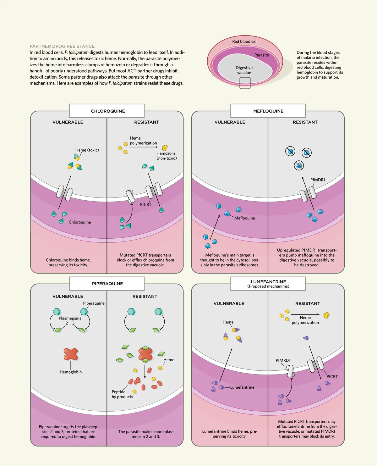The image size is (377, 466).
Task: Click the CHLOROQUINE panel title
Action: pyautogui.click(x=108, y=111)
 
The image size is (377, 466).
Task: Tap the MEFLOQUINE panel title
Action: pyautogui.click(x=268, y=111)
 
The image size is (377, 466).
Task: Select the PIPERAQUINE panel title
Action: pyautogui.click(x=107, y=284)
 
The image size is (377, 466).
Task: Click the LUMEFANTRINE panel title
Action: pyautogui.click(x=268, y=282)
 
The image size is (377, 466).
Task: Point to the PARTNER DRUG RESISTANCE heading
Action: pyautogui.click(x=62, y=46)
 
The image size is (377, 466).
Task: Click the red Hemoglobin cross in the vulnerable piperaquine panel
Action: pyautogui.click(x=71, y=354)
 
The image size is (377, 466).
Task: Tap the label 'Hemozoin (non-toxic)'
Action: pyautogui.click(x=166, y=156)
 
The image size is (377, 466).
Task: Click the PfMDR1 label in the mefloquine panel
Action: pyautogui.click(x=318, y=180)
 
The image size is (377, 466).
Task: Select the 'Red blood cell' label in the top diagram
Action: pyautogui.click(x=245, y=42)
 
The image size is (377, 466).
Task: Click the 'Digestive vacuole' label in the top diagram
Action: pyautogui.click(x=244, y=70)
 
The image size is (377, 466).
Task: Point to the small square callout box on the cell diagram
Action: pyautogui.click(x=245, y=83)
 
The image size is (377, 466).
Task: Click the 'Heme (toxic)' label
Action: pyautogui.click(x=87, y=150)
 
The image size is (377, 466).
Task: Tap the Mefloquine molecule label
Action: pyautogui.click(x=245, y=218)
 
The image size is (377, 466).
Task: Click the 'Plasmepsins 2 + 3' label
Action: pyautogui.click(x=70, y=320)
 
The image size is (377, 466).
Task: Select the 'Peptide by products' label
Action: pyautogui.click(x=122, y=394)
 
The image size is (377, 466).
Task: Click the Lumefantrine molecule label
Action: pyautogui.click(x=242, y=387)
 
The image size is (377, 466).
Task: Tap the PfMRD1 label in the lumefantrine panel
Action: pyautogui.click(x=283, y=360)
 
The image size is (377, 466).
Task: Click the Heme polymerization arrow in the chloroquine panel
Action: pyautogui.click(x=143, y=147)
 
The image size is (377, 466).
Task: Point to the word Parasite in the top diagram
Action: pyautogui.click(x=262, y=55)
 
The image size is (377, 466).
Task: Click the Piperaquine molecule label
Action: pyautogui.click(x=94, y=303)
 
